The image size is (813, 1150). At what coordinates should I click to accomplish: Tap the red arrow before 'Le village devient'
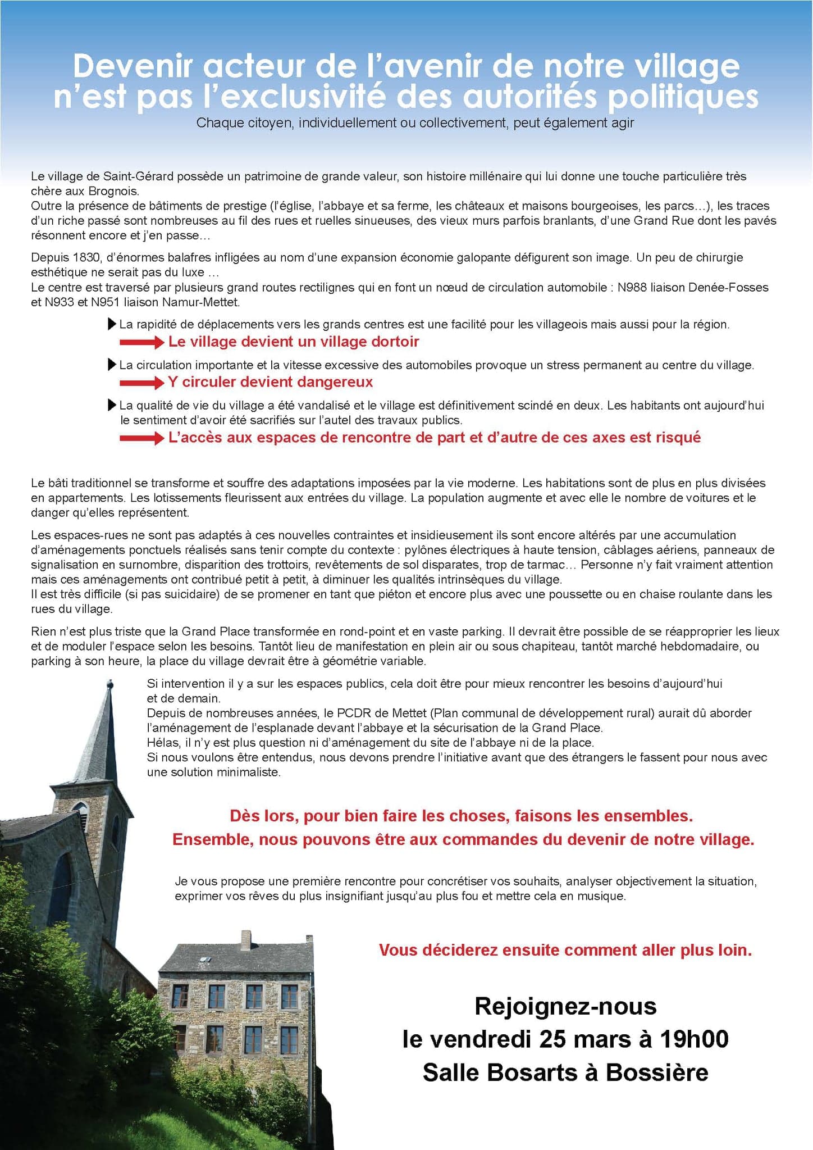click(x=141, y=342)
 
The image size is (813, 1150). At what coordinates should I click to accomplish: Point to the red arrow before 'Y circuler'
click(x=141, y=383)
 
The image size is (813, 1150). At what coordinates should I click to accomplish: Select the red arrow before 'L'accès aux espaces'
click(x=141, y=438)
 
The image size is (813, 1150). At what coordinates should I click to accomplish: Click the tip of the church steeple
click(x=110, y=683)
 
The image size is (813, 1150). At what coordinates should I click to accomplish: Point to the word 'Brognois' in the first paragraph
click(x=113, y=191)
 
